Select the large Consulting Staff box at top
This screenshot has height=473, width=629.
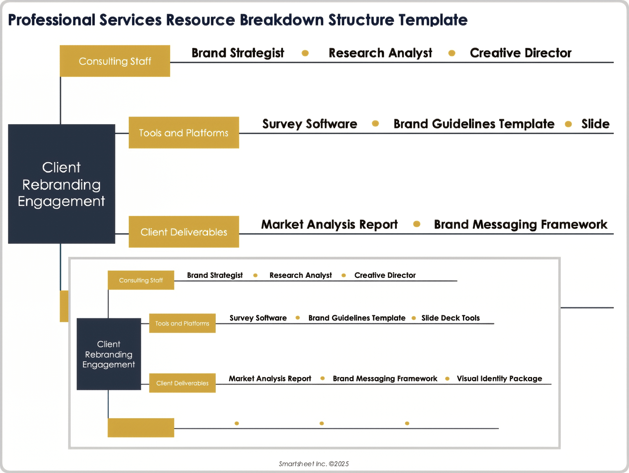tap(115, 61)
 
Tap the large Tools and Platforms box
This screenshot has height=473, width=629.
tap(184, 133)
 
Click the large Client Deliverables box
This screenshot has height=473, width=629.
tap(184, 232)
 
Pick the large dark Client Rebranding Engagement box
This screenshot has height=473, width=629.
tap(61, 184)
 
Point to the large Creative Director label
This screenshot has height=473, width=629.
tap(521, 53)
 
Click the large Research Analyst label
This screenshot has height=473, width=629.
tap(380, 53)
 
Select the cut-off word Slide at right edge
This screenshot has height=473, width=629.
tap(595, 124)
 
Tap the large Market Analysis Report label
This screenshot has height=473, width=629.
tap(329, 224)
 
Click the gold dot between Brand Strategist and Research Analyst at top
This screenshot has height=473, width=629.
tap(305, 53)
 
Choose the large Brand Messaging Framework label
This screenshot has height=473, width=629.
tap(520, 224)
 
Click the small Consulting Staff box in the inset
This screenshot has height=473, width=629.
tap(141, 280)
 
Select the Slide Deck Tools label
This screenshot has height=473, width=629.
tap(450, 318)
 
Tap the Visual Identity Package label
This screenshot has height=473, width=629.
tap(499, 378)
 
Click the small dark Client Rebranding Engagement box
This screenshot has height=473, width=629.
tap(109, 354)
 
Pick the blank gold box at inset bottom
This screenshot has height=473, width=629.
tap(141, 428)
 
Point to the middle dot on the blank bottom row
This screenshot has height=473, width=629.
tap(322, 423)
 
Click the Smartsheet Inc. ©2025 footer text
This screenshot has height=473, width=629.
tap(314, 464)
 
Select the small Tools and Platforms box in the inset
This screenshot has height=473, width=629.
tap(182, 323)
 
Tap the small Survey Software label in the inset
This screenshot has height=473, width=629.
tap(258, 318)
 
